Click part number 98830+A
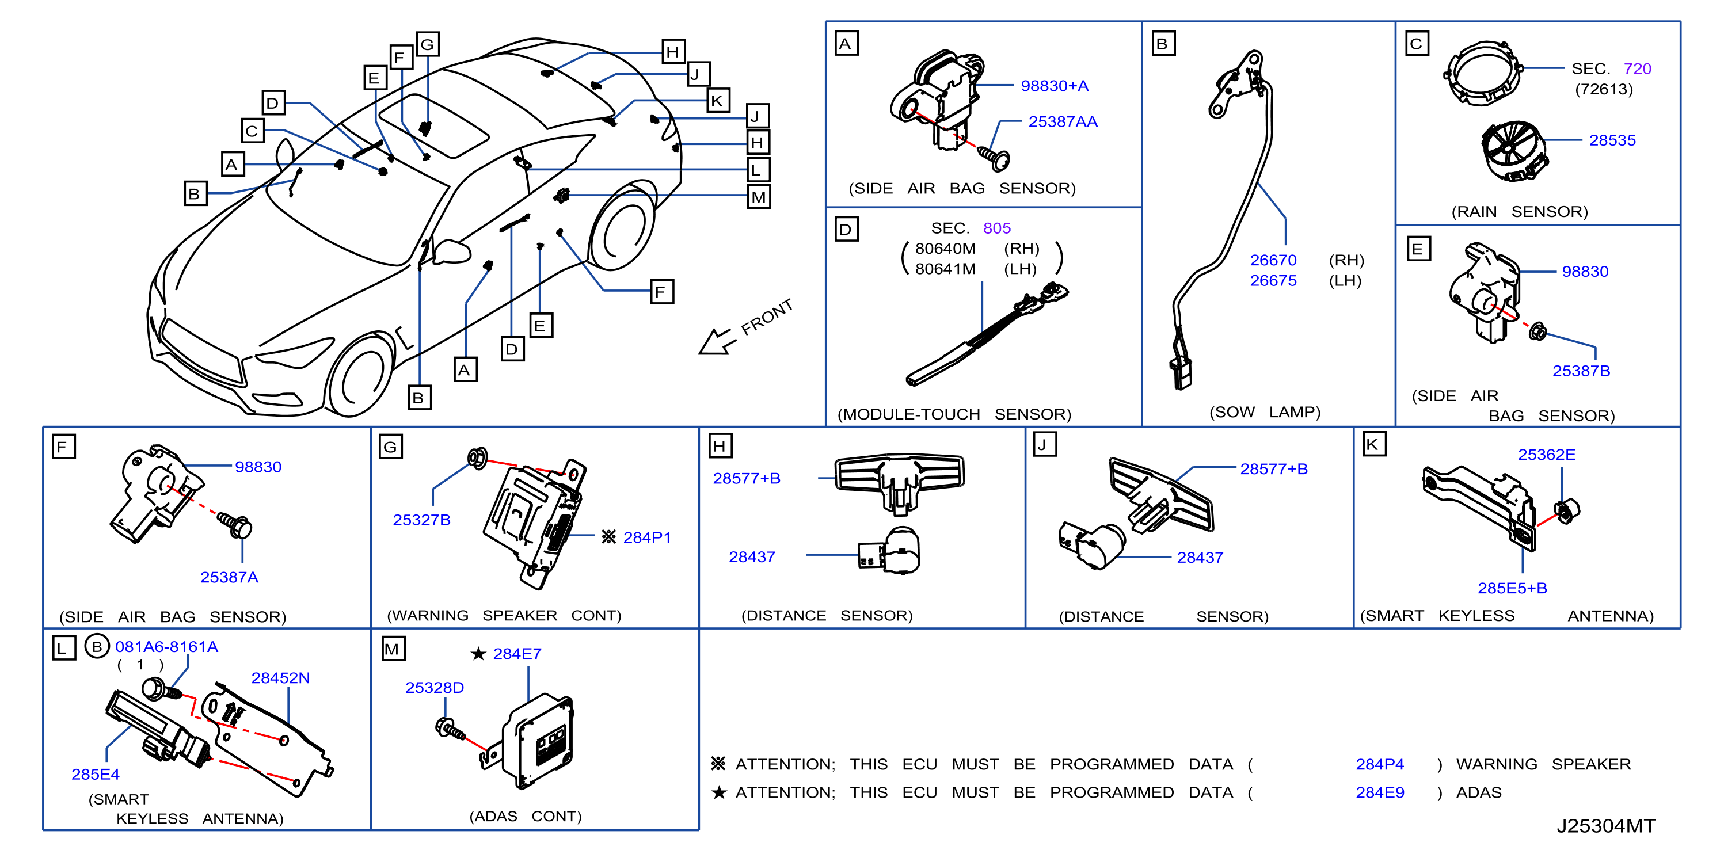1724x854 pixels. (x=1054, y=86)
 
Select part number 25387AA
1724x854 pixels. (x=1063, y=122)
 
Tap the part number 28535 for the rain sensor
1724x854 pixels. (x=1612, y=140)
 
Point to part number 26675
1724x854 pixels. (x=1273, y=280)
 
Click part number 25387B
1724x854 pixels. (x=1581, y=371)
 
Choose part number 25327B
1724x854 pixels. (x=421, y=520)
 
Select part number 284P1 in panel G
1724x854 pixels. (x=646, y=537)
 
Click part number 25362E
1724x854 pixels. (x=1546, y=455)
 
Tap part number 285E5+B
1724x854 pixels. (x=1512, y=588)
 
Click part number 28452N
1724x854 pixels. (x=280, y=678)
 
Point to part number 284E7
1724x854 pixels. (x=517, y=654)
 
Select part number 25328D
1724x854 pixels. (x=435, y=688)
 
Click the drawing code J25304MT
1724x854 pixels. (x=1605, y=826)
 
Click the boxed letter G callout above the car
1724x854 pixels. (x=428, y=44)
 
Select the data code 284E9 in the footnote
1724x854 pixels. (x=1379, y=792)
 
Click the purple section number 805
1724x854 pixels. (x=996, y=228)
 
